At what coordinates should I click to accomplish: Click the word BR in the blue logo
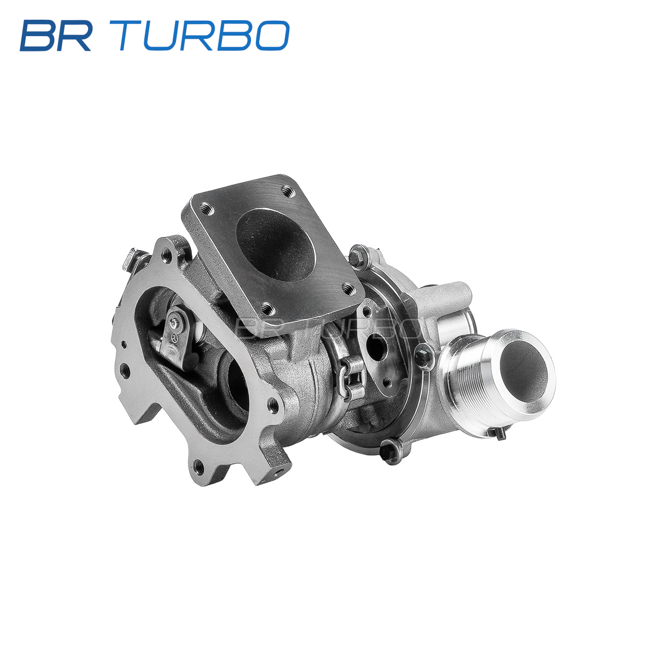[56, 36]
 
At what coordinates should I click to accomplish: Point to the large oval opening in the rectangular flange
[275, 245]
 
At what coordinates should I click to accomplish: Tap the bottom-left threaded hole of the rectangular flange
[267, 308]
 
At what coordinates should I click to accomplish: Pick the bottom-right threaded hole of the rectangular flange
[348, 289]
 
